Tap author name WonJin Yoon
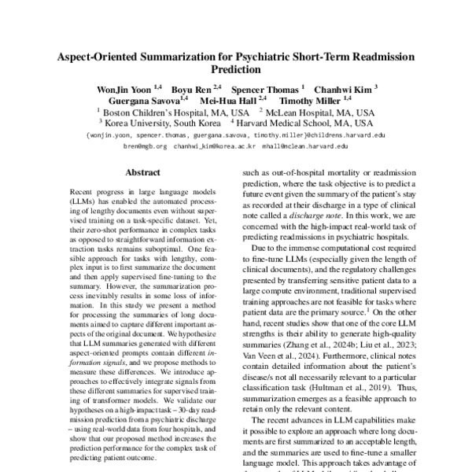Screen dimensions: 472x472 click(x=119, y=89)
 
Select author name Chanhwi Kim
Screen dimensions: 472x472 click(x=347, y=89)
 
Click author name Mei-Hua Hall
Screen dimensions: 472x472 click(x=232, y=101)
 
